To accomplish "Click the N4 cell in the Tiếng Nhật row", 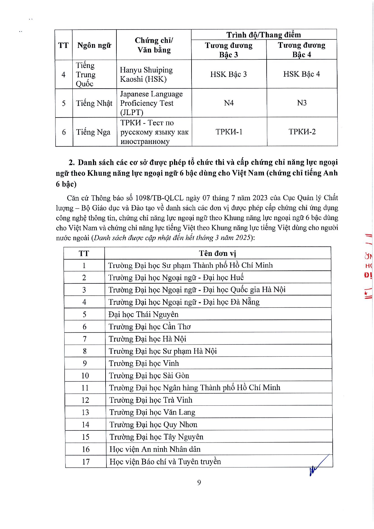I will (229, 103).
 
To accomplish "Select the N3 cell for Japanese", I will (302, 103).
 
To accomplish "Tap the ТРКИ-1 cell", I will (229, 132).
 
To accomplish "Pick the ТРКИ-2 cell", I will (302, 132).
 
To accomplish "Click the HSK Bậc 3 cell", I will (229, 74).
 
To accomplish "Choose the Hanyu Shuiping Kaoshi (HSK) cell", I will (146, 74).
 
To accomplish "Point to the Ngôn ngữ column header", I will (94, 45).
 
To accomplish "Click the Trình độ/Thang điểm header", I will (264, 35).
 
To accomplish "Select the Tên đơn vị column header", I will (217, 253).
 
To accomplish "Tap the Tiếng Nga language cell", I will (93, 132).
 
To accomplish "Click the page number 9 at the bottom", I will (199, 483).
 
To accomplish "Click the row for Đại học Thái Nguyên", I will (144, 314).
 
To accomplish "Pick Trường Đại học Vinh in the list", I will (144, 363).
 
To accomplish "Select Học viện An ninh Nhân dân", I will (155, 449).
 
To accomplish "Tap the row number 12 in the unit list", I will (85, 400).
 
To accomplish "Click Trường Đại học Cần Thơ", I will (150, 327).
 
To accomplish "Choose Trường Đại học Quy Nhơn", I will (153, 424).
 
